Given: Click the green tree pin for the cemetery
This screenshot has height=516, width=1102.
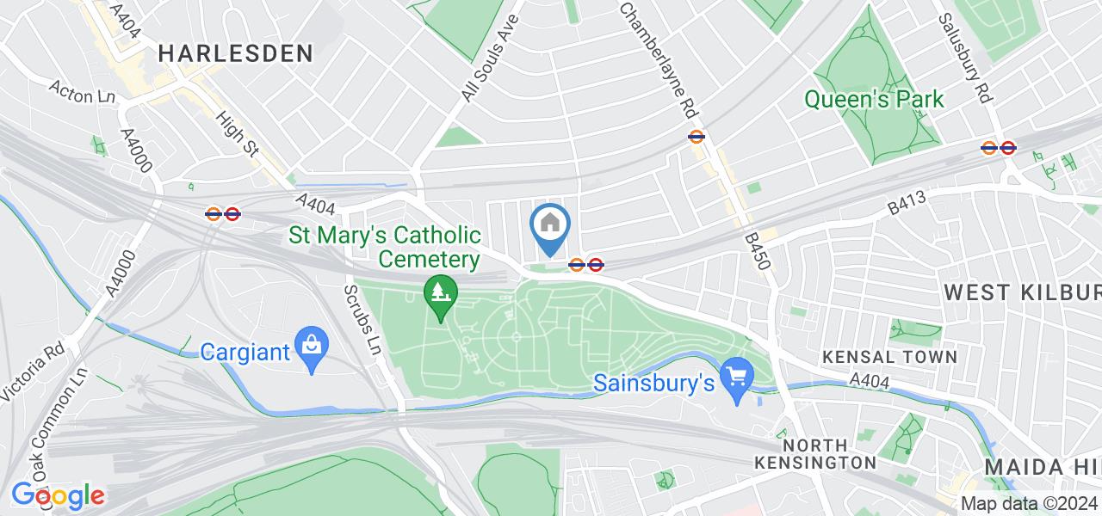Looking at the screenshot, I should (441, 297).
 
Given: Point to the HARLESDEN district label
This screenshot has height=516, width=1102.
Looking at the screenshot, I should (236, 53).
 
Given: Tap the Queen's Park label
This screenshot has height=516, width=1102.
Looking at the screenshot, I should (874, 100).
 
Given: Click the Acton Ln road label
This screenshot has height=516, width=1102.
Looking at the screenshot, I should (84, 92).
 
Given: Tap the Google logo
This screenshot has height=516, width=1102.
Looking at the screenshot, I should (58, 495).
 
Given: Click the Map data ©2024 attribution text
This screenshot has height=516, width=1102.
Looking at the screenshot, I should (1030, 504).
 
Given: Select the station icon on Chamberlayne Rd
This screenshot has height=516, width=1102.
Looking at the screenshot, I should (697, 136).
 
